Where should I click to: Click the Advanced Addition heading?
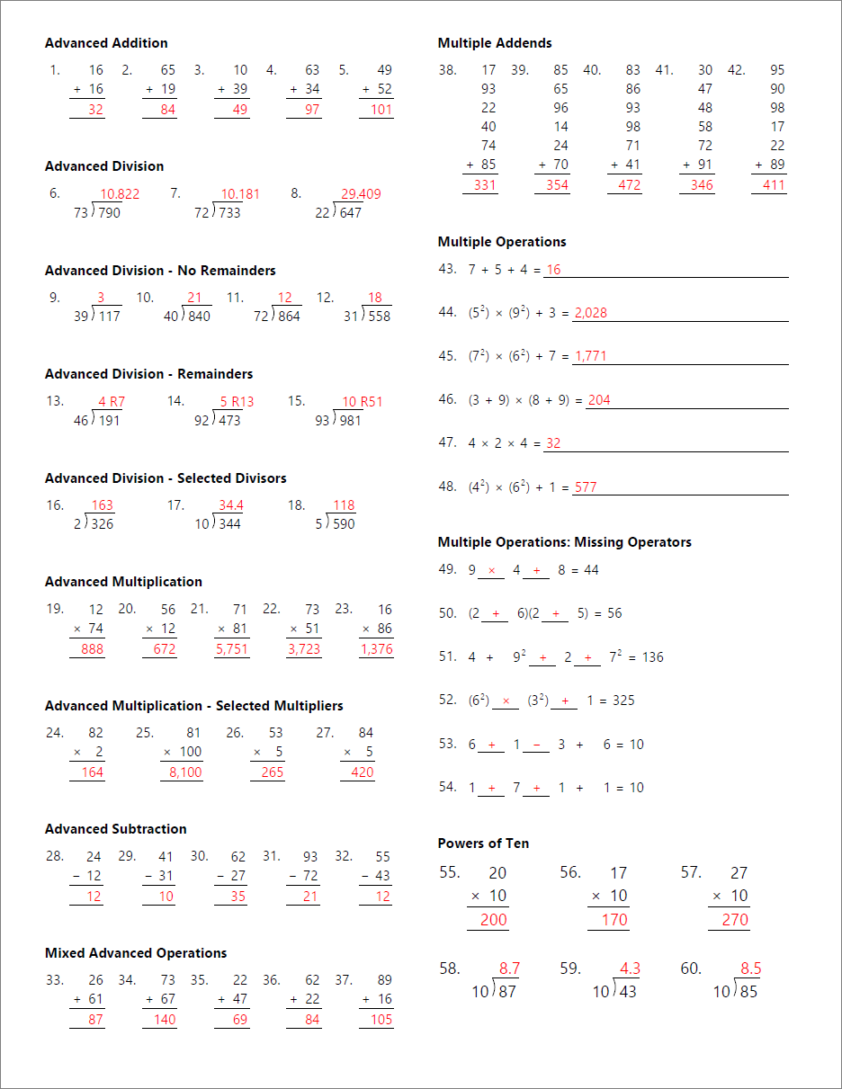(x=106, y=43)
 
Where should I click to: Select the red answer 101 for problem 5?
(x=381, y=110)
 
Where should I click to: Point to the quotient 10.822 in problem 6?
(x=120, y=194)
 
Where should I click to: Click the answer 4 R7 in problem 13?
(x=112, y=402)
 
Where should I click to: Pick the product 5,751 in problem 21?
(x=231, y=649)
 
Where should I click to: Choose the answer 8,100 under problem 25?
(x=185, y=772)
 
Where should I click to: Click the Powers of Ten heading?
(x=483, y=844)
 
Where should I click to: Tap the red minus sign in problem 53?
(x=536, y=745)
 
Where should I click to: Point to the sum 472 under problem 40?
(x=630, y=185)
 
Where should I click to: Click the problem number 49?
(x=447, y=570)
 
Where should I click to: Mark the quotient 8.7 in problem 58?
(x=509, y=968)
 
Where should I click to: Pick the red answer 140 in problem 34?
(x=165, y=1020)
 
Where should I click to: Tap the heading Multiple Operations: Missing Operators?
(x=564, y=542)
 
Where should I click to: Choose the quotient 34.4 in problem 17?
(x=231, y=505)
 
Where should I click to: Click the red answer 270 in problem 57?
(x=735, y=920)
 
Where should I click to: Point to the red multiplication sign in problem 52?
(x=506, y=701)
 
